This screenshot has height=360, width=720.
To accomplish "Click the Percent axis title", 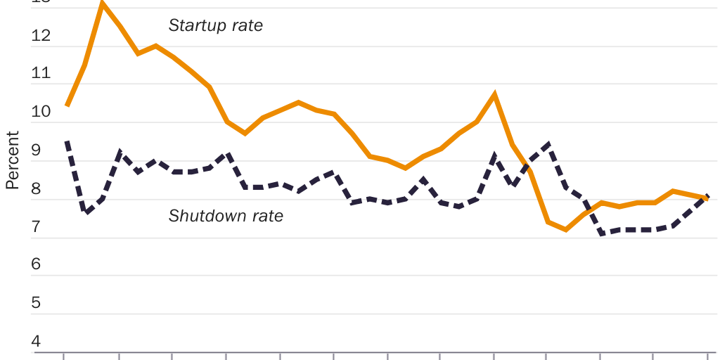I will click(12, 160).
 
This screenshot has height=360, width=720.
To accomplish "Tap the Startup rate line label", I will click(215, 26).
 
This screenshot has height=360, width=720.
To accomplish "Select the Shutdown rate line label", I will click(226, 216).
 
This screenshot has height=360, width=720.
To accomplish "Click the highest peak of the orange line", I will click(103, 4).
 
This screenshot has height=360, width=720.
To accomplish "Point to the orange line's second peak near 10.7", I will click(495, 94).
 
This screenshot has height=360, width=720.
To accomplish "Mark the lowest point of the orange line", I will click(566, 229).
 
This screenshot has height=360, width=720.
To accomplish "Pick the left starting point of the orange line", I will click(67, 105).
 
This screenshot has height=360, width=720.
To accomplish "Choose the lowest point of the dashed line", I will click(602, 233).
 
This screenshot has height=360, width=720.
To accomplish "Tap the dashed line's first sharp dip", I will click(86, 212).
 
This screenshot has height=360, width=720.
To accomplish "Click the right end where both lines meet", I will click(707, 198).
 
